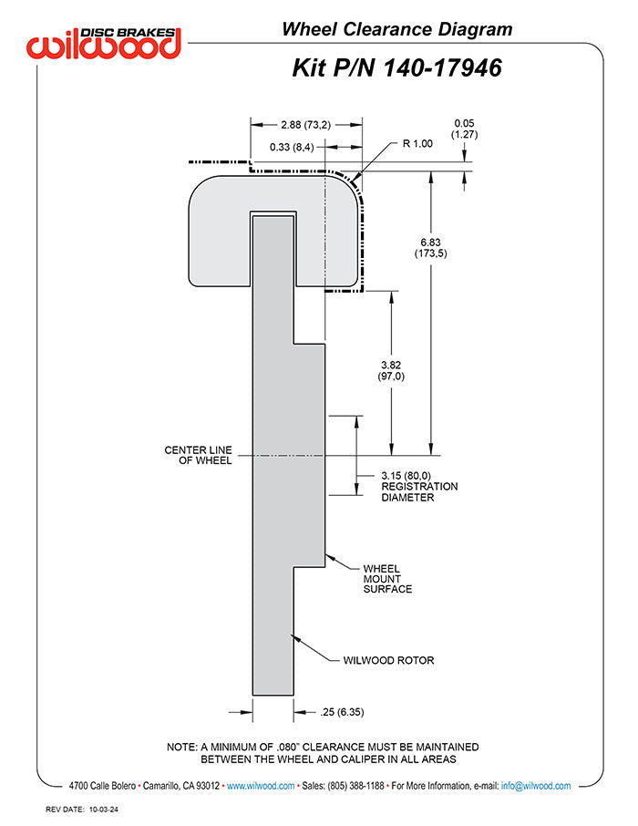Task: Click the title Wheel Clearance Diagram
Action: click(x=396, y=29)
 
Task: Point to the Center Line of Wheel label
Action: click(x=198, y=455)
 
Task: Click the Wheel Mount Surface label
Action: click(x=387, y=579)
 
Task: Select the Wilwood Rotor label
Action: click(x=388, y=660)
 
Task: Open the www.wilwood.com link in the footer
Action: click(x=260, y=786)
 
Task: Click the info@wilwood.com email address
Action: click(x=536, y=786)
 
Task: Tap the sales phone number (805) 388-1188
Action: click(x=354, y=786)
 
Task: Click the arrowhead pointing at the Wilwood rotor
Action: click(x=296, y=636)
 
